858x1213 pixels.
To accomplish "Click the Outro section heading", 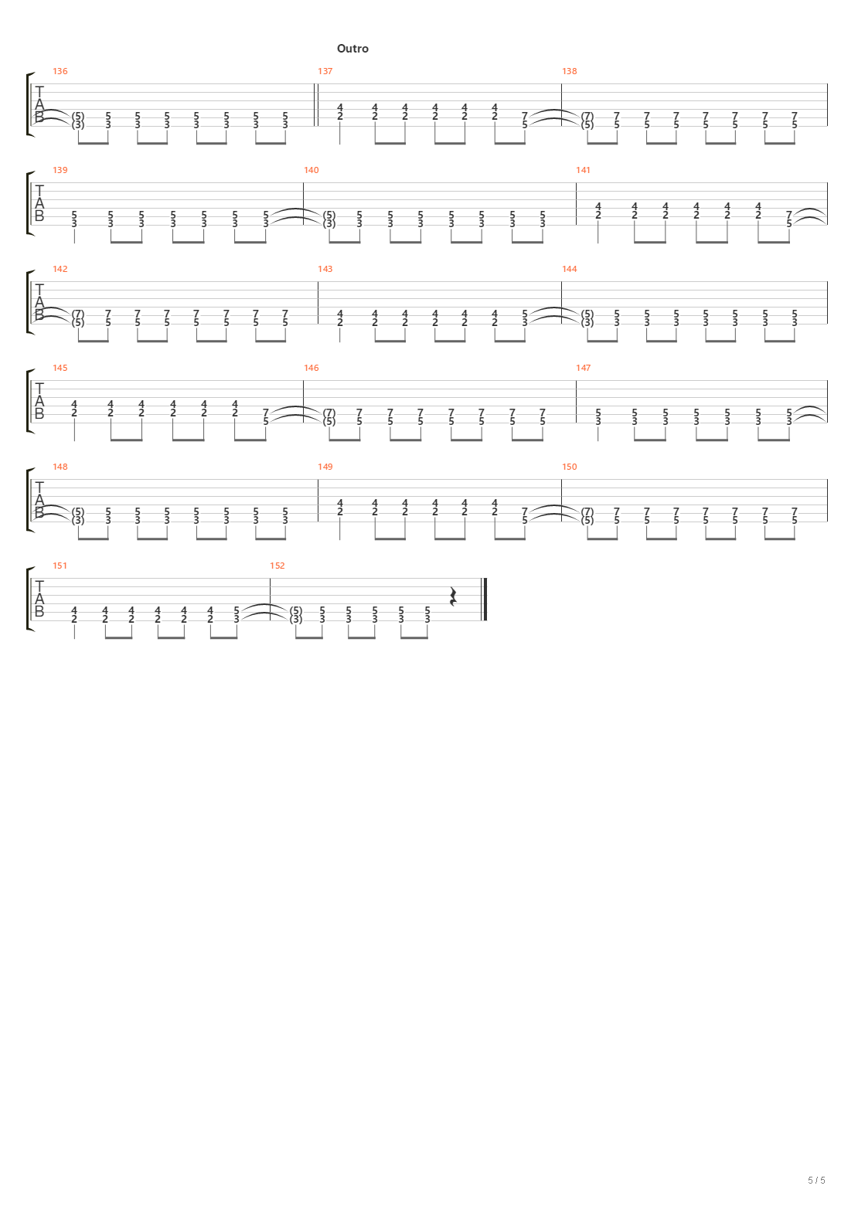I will tap(352, 49).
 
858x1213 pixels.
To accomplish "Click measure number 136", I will tap(60, 71).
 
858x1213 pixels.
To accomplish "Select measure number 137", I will tap(325, 71).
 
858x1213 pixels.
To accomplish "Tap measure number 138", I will tap(570, 71).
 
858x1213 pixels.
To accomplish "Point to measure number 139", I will tap(60, 170).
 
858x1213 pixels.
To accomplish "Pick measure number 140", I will tap(312, 170).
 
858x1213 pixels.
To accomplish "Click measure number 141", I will tap(584, 170).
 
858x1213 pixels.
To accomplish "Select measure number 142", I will tap(60, 269).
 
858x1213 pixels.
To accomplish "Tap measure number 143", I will tap(325, 269).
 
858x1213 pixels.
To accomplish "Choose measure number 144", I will tap(570, 269).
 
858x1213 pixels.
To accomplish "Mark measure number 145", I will tap(60, 368).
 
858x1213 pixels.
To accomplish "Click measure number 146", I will tap(312, 368).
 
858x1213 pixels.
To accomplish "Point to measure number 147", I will tap(584, 368).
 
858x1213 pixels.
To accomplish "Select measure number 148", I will tap(60, 467).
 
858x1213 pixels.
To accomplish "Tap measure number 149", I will tap(325, 467).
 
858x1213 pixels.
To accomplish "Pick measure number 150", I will tap(570, 467).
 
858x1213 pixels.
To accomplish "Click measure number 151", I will tap(60, 566).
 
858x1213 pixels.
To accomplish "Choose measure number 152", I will tap(277, 566).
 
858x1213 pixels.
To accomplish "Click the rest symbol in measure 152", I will tap(454, 596).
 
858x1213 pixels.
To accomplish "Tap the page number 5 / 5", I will tap(817, 1181).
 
